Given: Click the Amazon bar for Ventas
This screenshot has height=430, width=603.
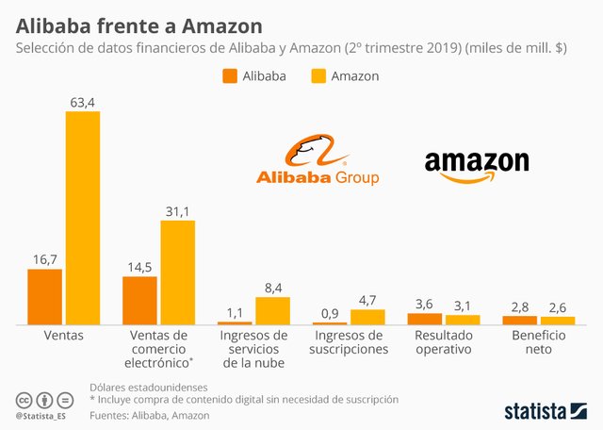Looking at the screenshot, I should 82,218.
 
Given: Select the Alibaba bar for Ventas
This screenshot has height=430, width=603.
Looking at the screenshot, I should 44,297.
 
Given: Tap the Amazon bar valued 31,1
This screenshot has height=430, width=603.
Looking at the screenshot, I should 177,273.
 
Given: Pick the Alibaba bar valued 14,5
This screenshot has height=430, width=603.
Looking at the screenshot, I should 139,301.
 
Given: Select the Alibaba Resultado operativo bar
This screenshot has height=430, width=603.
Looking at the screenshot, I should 425,319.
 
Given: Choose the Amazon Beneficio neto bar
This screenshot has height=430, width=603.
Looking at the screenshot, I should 558,321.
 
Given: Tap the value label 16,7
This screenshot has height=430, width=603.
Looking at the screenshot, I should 44,257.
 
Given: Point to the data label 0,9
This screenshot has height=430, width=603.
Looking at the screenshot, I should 330,312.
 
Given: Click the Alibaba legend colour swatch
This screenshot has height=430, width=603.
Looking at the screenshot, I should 229,76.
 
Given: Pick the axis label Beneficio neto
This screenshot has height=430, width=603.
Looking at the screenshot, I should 539,342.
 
